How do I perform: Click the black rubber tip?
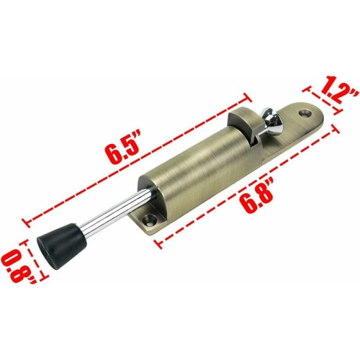tap(60, 246)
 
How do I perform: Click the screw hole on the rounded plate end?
tap(305, 113)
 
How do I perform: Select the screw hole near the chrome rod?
tap(150, 220)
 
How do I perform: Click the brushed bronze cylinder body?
tap(202, 173)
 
